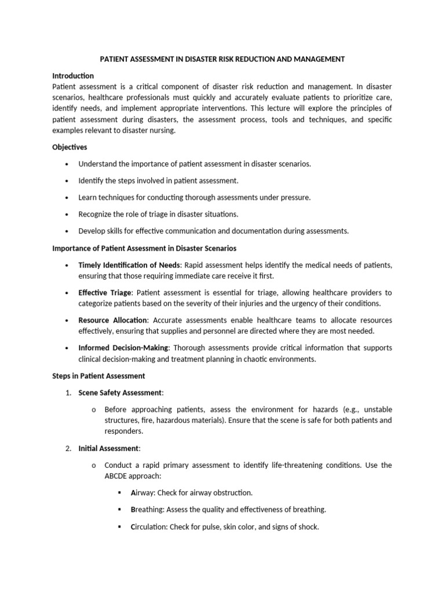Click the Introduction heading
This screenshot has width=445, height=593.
point(73,76)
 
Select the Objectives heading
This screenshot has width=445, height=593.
point(70,147)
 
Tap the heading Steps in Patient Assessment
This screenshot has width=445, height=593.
point(99,376)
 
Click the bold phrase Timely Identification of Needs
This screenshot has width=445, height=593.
point(129,265)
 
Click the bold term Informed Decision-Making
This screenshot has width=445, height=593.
point(123,348)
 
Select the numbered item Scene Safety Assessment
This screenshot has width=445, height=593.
point(121,393)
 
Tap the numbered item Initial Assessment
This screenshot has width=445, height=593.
point(108,448)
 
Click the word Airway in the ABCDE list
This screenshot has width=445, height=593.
point(142,493)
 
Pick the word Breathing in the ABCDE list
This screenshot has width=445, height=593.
point(147,510)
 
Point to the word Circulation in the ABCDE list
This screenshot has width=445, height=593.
point(149,527)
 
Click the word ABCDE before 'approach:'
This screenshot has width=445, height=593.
point(118,476)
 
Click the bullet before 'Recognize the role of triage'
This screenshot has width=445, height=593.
point(68,214)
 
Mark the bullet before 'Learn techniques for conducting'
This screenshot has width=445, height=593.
point(68,197)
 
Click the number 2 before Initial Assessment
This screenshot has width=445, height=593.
point(68,448)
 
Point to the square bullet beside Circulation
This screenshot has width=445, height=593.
point(119,527)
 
